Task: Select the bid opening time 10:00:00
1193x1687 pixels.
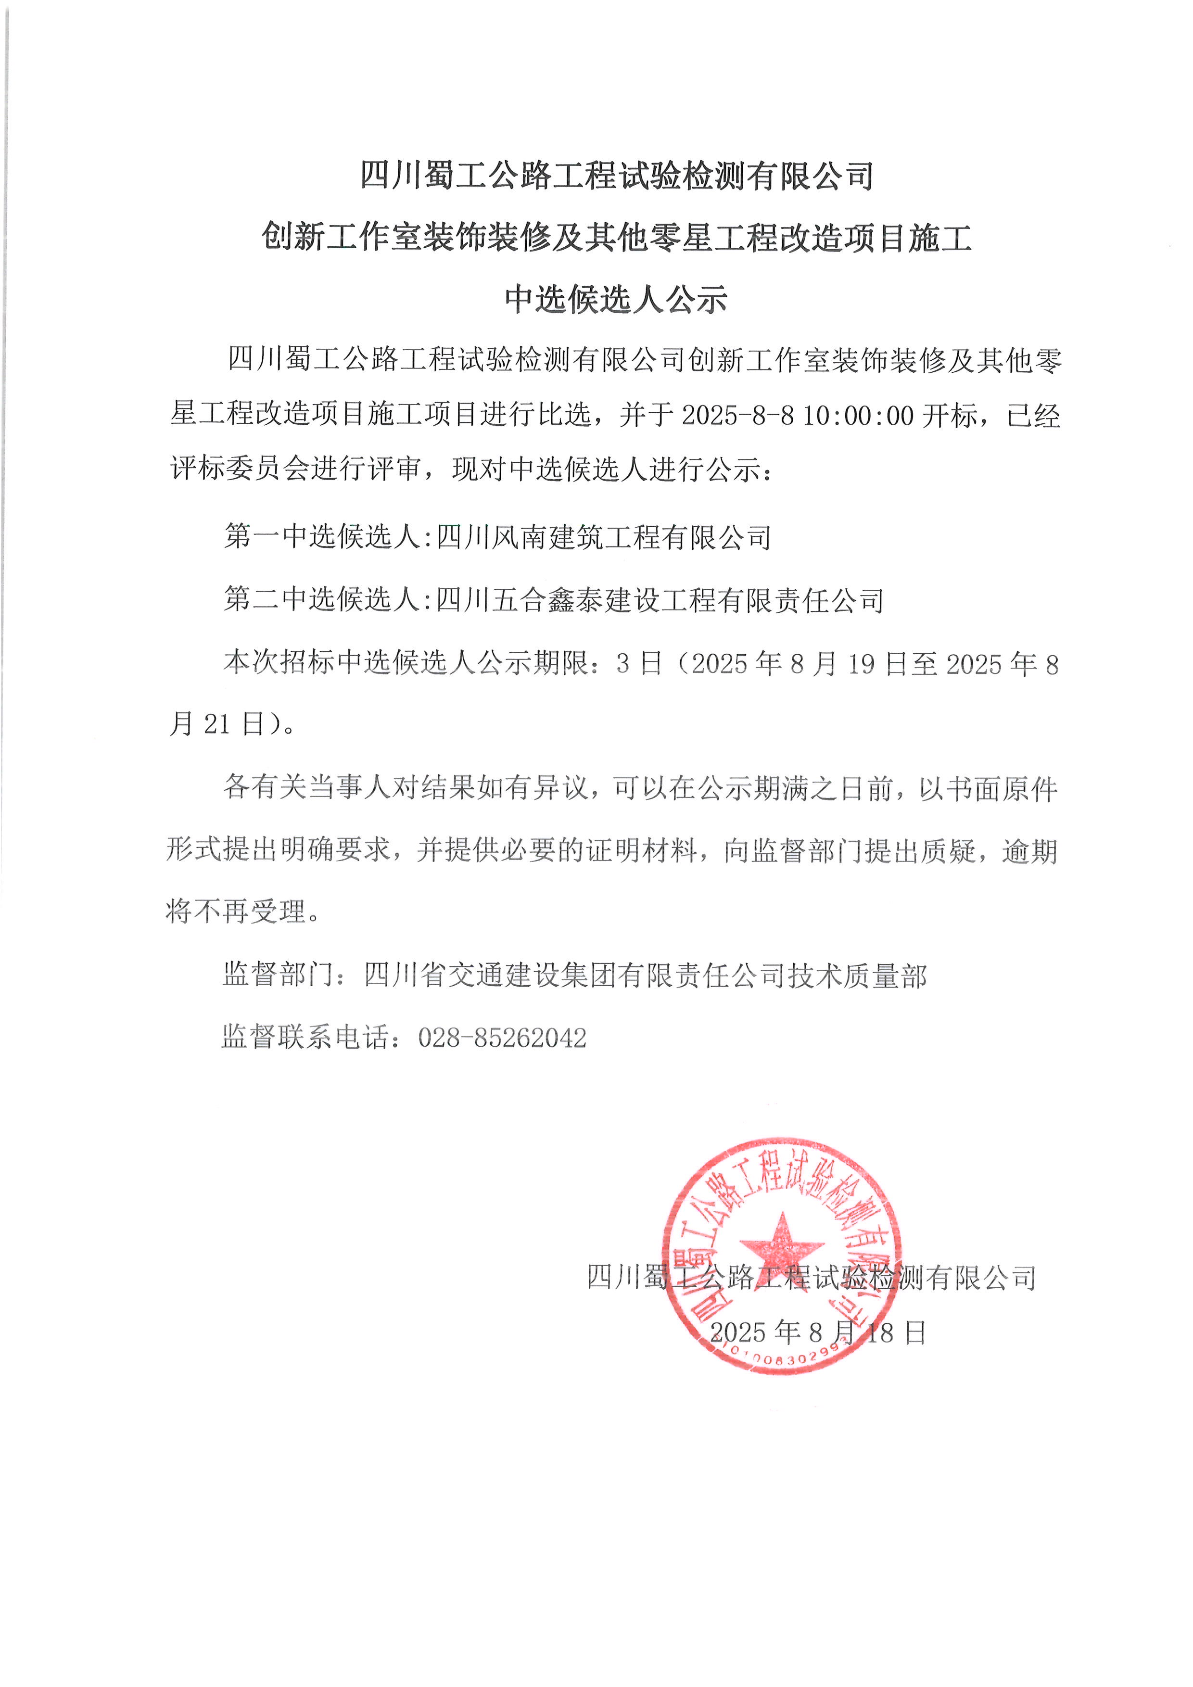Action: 858,416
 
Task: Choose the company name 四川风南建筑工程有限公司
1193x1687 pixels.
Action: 604,537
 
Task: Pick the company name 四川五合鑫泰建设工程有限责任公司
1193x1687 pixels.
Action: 660,600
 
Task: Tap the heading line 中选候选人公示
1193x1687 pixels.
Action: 616,299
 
